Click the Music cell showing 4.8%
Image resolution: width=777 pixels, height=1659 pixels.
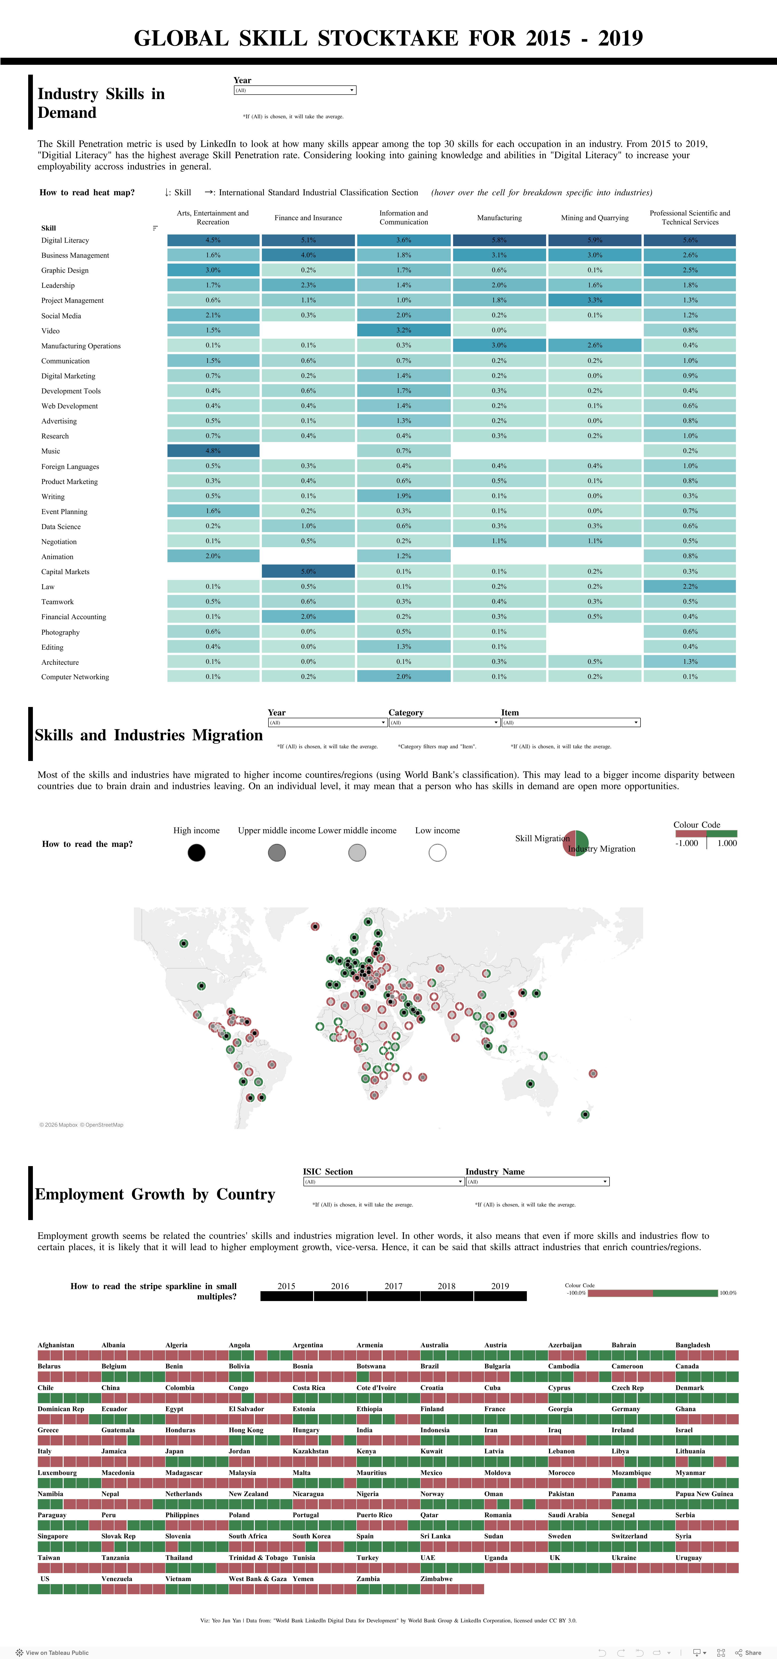[x=213, y=451]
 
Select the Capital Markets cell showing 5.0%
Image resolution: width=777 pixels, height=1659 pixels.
[x=308, y=571]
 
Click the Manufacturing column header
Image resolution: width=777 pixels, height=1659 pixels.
[x=499, y=218]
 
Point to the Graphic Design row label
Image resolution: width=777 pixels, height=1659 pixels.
[x=65, y=270]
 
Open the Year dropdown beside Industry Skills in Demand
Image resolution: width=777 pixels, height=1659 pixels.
[x=295, y=90]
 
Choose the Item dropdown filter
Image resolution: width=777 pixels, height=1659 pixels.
[x=570, y=723]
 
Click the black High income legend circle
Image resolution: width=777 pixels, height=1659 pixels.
[x=197, y=853]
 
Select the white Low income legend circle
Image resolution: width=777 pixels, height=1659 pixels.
[x=437, y=853]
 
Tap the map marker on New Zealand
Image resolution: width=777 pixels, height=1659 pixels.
[x=585, y=1114]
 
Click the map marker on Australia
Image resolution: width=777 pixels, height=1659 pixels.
[x=530, y=1084]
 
